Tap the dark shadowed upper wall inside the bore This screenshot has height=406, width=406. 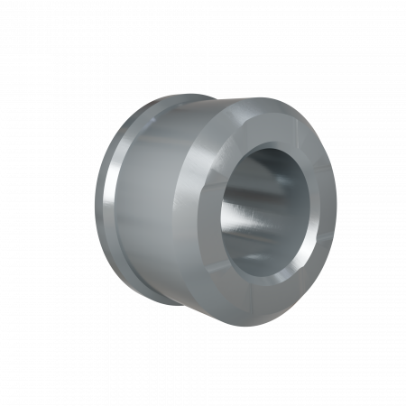pyautogui.click(x=271, y=167)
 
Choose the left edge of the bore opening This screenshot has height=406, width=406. pyautogui.click(x=222, y=206)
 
